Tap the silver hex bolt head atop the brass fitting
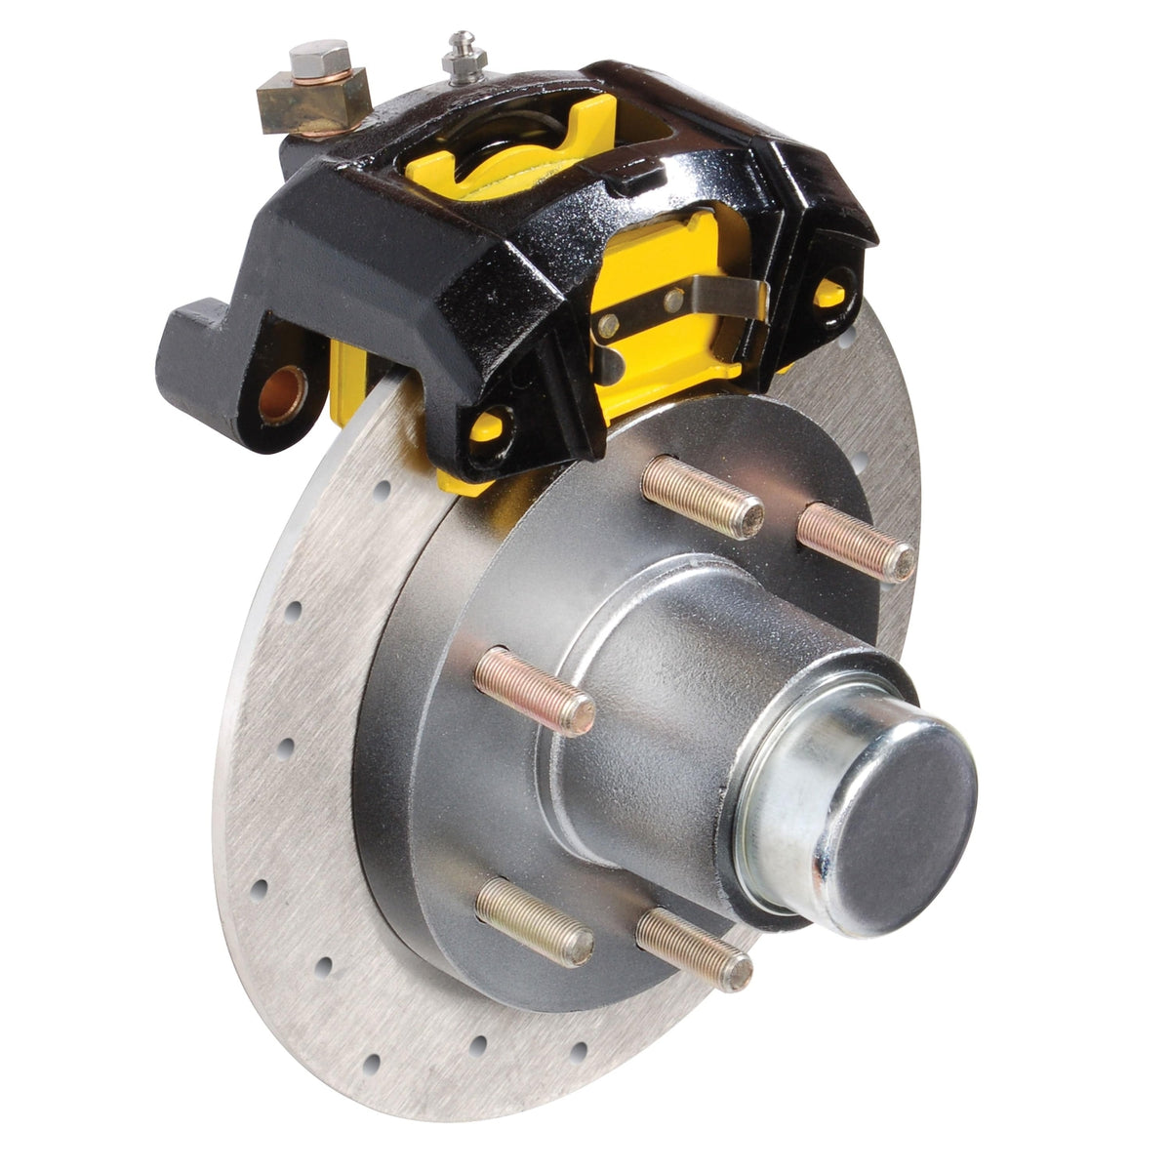tap(319, 58)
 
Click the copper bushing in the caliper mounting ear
tap(283, 392)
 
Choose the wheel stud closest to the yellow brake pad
tap(702, 497)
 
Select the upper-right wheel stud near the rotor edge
tap(857, 543)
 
